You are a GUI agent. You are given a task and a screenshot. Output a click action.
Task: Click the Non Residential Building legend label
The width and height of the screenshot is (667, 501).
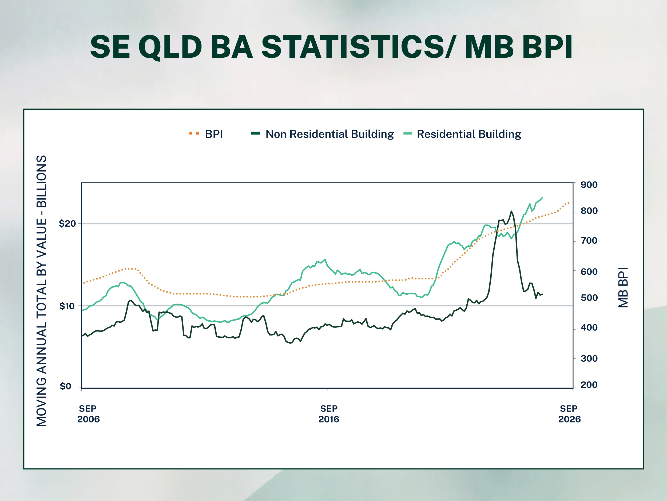[x=329, y=134]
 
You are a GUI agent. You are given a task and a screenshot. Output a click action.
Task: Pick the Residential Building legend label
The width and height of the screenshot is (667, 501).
[x=469, y=134]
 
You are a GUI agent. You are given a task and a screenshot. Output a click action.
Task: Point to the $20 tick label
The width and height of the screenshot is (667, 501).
[x=67, y=223]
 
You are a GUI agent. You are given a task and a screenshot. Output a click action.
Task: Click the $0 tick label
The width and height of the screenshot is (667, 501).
[x=65, y=386]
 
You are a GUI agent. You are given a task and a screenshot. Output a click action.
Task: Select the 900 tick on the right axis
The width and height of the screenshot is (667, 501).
[x=589, y=185]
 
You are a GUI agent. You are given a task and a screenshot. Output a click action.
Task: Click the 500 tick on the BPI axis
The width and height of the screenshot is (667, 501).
[x=589, y=298]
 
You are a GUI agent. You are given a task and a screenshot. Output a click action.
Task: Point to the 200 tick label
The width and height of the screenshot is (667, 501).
[x=589, y=385]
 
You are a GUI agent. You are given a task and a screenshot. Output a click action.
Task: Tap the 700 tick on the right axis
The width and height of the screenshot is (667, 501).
[x=589, y=240]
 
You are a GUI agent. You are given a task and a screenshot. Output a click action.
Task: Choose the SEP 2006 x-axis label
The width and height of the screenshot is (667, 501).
[x=88, y=414]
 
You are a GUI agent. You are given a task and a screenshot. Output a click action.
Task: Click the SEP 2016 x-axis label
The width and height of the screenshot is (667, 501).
[x=329, y=414]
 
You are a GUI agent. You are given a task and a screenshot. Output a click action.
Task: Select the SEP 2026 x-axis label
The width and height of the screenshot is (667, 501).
[x=569, y=414]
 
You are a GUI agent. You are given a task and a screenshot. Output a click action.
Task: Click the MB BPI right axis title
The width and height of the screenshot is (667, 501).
[x=623, y=287]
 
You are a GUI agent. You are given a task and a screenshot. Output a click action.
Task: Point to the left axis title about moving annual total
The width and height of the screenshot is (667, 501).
[x=42, y=291]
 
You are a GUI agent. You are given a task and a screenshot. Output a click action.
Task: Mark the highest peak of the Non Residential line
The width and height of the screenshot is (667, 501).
[x=511, y=211]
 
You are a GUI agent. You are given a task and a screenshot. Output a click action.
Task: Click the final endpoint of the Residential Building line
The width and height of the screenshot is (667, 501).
[x=542, y=198]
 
